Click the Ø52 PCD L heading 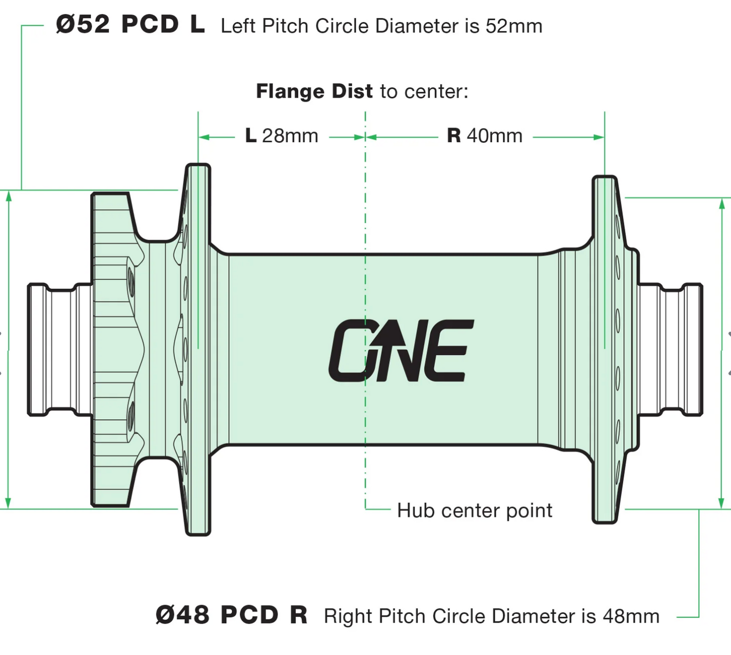pyautogui.click(x=130, y=24)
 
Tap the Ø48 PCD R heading pyautogui.click(x=231, y=615)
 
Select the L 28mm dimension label pyautogui.click(x=281, y=136)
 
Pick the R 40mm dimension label pyautogui.click(x=484, y=136)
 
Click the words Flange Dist pyautogui.click(x=314, y=92)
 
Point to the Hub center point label pyautogui.click(x=474, y=510)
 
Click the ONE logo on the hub pyautogui.click(x=401, y=350)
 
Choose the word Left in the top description pyautogui.click(x=238, y=26)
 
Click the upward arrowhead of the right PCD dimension pyautogui.click(x=722, y=203)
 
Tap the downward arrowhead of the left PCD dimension pyautogui.click(x=8, y=503)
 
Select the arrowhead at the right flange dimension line pyautogui.click(x=599, y=137)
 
